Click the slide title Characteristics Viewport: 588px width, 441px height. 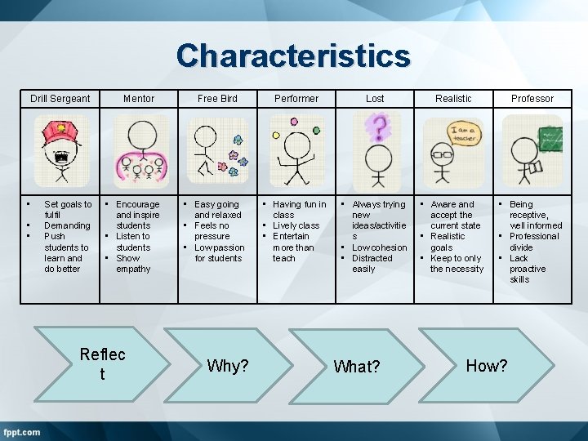point(293,56)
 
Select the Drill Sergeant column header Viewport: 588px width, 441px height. point(60,99)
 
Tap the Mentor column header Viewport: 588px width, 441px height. point(139,99)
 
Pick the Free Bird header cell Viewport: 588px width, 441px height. point(218,99)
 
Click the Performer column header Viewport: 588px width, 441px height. point(296,99)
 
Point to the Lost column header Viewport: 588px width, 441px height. point(375,99)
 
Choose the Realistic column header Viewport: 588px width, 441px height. point(453,99)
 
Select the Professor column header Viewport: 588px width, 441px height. point(532,99)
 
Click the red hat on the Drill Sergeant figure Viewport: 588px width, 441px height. point(59,130)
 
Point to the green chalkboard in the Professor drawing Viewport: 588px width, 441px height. point(547,134)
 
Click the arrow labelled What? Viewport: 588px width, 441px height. point(357,367)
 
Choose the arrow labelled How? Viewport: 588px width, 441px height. point(487,366)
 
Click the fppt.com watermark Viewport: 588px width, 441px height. point(23,431)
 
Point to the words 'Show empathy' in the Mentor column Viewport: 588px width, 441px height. point(133,264)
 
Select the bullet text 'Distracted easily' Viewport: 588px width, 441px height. point(372,264)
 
